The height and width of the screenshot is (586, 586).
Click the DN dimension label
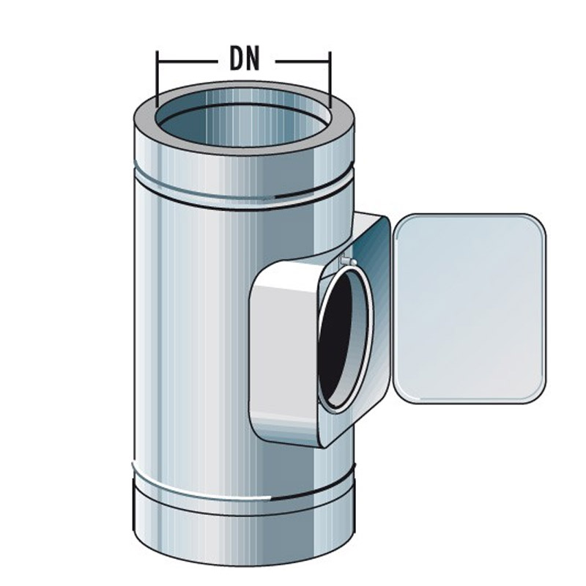(244, 59)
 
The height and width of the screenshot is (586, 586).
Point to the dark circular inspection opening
(343, 337)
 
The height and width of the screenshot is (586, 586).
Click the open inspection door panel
(469, 308)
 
